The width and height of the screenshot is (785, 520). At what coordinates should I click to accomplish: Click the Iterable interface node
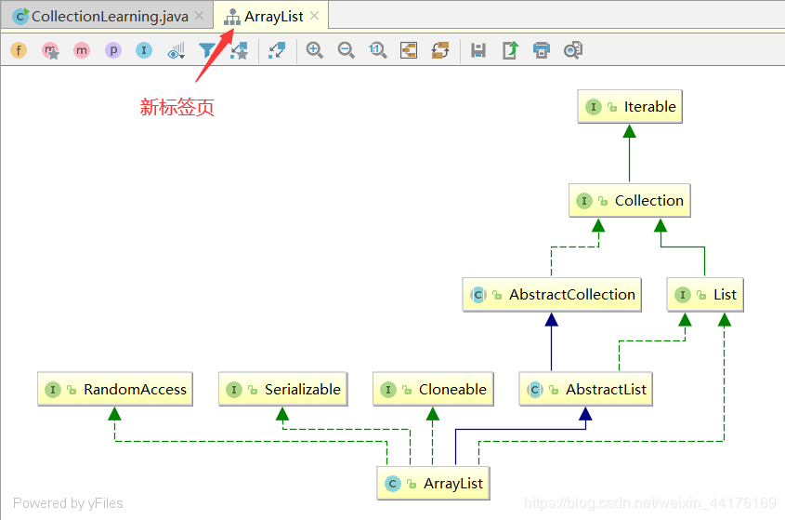[631, 107]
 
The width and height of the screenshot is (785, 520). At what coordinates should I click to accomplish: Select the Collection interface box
[629, 201]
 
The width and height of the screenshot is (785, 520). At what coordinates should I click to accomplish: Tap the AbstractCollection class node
[553, 295]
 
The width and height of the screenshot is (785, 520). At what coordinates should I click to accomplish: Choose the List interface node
[705, 295]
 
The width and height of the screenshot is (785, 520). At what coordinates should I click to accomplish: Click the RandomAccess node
[114, 390]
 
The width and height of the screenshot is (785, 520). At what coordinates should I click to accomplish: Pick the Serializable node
[283, 390]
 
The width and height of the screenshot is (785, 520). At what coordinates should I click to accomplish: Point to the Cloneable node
[433, 390]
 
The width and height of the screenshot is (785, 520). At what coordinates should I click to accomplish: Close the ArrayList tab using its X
[314, 16]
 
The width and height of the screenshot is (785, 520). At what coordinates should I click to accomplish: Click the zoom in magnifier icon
[315, 50]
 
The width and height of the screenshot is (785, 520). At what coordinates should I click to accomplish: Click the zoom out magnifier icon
[347, 50]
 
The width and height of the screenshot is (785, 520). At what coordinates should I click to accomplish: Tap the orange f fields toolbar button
[19, 50]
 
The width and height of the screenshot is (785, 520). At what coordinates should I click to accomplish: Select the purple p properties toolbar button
[113, 50]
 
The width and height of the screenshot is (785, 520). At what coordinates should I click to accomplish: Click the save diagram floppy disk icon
[478, 50]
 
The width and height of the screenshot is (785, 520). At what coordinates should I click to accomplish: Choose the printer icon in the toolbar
[542, 50]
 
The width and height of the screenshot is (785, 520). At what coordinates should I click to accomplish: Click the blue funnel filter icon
[207, 50]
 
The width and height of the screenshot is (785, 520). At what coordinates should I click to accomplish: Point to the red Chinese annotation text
[177, 108]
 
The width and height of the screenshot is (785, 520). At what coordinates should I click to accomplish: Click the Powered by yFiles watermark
[68, 503]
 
